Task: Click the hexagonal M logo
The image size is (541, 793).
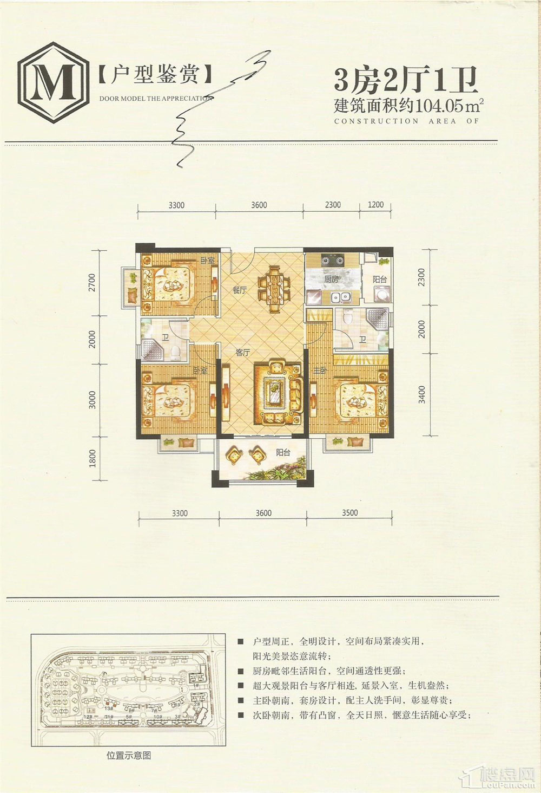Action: [x=53, y=82]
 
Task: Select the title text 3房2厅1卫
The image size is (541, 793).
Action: [x=406, y=80]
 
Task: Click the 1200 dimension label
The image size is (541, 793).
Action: [x=375, y=205]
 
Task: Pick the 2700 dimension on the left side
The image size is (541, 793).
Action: [x=92, y=283]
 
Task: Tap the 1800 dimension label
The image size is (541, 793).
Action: [x=93, y=458]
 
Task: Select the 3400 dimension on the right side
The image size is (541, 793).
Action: [x=422, y=394]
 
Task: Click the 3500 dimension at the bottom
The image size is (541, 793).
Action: [x=349, y=513]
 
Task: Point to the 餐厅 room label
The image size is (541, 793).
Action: [x=240, y=290]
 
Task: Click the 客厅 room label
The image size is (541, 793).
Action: [x=243, y=353]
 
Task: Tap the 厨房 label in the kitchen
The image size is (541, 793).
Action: [x=331, y=279]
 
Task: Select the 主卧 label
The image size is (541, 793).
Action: [x=320, y=370]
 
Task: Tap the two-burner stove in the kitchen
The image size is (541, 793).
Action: [x=332, y=260]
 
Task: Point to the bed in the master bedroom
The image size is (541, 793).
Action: [x=360, y=400]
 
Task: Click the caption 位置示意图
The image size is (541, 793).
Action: [x=129, y=755]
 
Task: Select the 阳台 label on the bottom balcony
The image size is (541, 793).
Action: [x=283, y=453]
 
